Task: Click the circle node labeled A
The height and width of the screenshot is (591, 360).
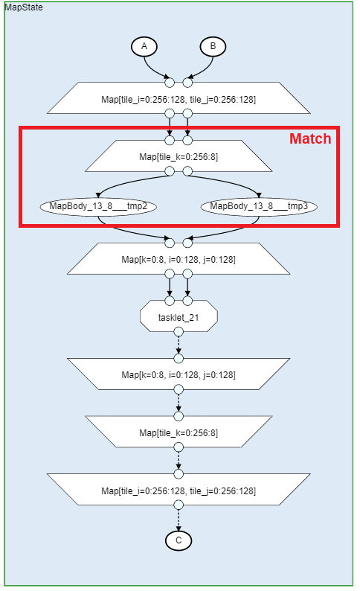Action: [x=144, y=47]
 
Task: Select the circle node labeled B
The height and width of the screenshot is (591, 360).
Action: [x=213, y=47]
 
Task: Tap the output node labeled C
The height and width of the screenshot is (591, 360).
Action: [x=179, y=540]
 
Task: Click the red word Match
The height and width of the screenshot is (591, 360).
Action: [x=310, y=138]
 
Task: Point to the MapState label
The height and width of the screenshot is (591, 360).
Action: [x=24, y=7]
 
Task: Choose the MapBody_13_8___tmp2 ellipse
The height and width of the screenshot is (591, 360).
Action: [x=98, y=206]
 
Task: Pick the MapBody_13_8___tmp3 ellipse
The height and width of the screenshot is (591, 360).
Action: [x=259, y=206]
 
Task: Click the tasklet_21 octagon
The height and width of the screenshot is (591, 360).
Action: [x=179, y=316]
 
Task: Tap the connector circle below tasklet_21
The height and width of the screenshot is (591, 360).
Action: [x=179, y=332]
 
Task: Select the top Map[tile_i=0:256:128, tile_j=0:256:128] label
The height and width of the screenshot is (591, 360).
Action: [x=179, y=100]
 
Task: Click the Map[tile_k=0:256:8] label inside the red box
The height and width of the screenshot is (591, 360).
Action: [x=179, y=157]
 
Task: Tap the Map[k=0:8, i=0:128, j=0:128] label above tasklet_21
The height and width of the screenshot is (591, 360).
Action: [x=179, y=259]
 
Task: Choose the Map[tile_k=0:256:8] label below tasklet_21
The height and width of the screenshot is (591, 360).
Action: [x=179, y=432]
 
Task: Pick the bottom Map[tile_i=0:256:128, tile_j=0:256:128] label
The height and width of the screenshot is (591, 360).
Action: [x=179, y=491]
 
